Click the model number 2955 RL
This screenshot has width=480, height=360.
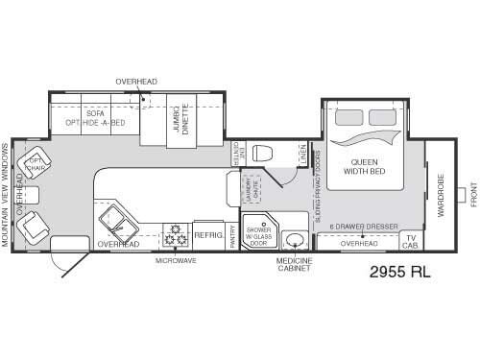[x=400, y=271]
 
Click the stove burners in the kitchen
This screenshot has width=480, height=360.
[x=177, y=233]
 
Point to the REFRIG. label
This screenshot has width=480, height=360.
[x=208, y=233]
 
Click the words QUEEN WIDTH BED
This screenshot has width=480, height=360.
[x=369, y=165]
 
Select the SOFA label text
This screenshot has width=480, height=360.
[x=93, y=112]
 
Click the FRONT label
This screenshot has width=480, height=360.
[x=472, y=197]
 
